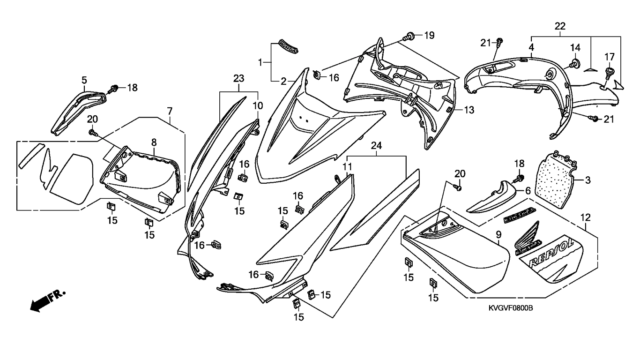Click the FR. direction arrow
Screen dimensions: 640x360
pos(47,301)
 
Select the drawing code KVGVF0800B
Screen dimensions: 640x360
pos(511,308)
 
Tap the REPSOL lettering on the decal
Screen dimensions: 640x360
pos(551,254)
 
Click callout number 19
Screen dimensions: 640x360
pos(429,36)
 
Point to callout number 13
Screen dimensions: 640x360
pos(469,110)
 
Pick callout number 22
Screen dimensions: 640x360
pos(560,26)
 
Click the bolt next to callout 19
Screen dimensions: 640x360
pos(408,36)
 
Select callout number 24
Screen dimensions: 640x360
pos(376,146)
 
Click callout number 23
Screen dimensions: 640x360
pos(239,78)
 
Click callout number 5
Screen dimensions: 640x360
pos(84,80)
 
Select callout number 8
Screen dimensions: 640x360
pos(154,142)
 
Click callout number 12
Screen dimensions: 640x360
pos(585,217)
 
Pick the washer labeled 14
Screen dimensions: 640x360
pos(573,64)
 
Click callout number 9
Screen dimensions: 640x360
pos(499,235)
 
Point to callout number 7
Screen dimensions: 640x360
pos(170,111)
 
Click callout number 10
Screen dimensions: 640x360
pos(258,106)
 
